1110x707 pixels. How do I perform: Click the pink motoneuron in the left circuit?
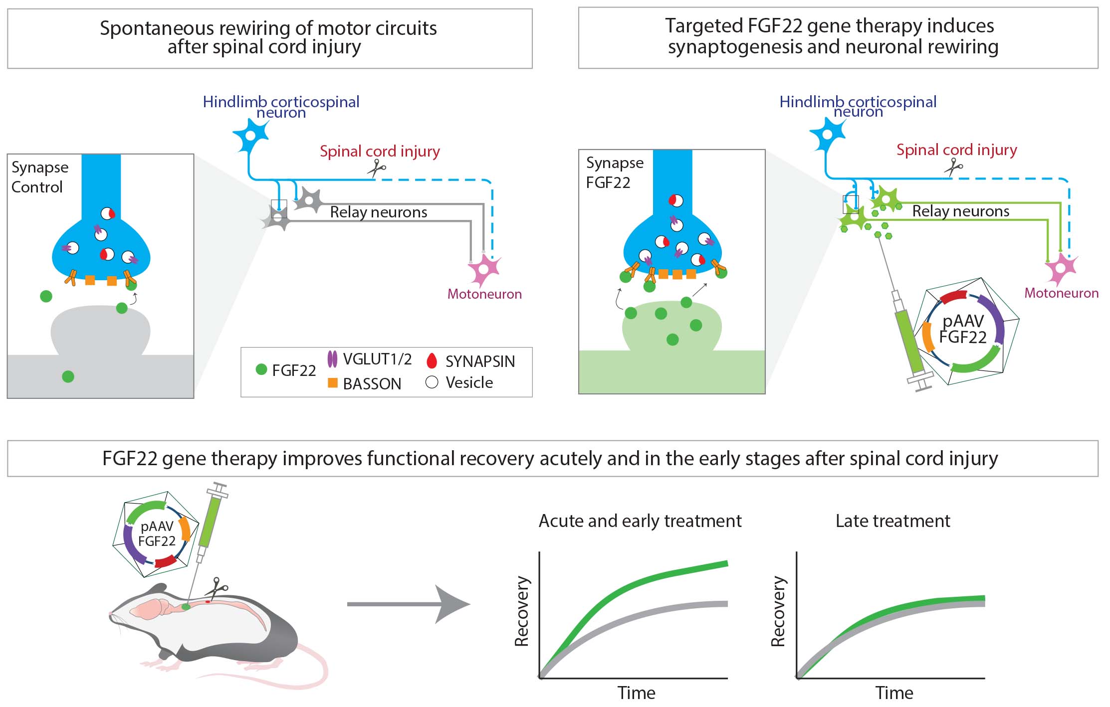click(483, 270)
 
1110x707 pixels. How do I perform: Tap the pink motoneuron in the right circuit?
click(1061, 269)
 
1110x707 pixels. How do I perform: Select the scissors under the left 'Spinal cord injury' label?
click(377, 168)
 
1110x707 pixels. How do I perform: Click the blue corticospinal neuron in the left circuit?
click(251, 135)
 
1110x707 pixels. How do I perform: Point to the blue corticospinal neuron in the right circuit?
click(828, 134)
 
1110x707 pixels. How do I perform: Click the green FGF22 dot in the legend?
click(261, 369)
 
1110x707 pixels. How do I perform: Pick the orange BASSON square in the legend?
click(332, 383)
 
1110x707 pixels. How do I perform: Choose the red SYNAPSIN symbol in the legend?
click(432, 361)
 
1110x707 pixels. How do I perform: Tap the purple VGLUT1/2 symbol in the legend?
click(332, 359)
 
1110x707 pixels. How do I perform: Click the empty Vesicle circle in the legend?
click(432, 382)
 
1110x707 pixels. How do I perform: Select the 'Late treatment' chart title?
click(892, 521)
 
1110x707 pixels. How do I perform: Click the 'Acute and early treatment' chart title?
click(640, 521)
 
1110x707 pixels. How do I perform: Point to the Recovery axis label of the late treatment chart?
click(778, 611)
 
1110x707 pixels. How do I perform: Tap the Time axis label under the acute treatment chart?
click(636, 693)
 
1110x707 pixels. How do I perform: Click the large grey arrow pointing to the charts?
click(409, 604)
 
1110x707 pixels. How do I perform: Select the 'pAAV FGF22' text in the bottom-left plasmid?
click(157, 533)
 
